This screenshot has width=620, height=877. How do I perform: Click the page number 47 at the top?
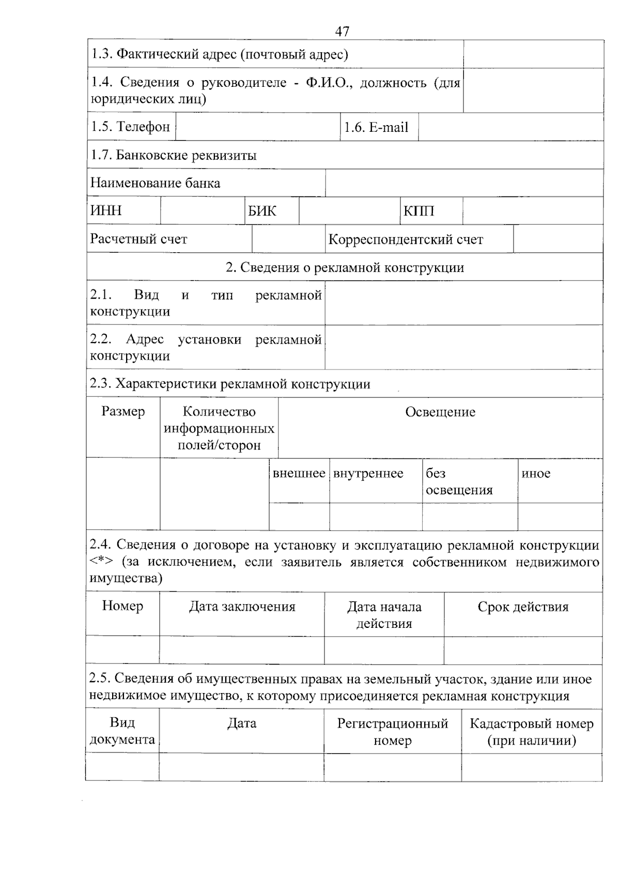342,32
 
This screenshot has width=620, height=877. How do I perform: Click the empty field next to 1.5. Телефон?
257,127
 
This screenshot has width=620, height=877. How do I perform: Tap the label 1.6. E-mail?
376,127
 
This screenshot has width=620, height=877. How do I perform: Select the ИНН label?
106,211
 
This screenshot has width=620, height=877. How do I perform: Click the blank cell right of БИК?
349,211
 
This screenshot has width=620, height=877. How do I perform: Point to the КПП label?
419,211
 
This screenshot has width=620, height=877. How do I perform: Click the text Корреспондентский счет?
406,239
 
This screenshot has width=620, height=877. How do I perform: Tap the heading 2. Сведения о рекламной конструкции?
345,267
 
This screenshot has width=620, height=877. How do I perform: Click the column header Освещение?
440,412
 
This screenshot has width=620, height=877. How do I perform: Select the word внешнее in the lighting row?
299,473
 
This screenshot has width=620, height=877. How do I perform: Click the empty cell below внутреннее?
376,517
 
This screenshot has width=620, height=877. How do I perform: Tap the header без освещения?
459,482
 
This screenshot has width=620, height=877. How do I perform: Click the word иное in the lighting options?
536,473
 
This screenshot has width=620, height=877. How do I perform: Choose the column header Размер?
123,411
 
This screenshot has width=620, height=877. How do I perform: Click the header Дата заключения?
242,606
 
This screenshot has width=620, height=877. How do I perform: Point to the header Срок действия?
523,606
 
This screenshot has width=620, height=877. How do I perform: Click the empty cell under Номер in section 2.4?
122,650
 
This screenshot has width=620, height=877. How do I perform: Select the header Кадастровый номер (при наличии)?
531,732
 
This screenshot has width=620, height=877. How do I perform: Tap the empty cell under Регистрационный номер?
392,767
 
